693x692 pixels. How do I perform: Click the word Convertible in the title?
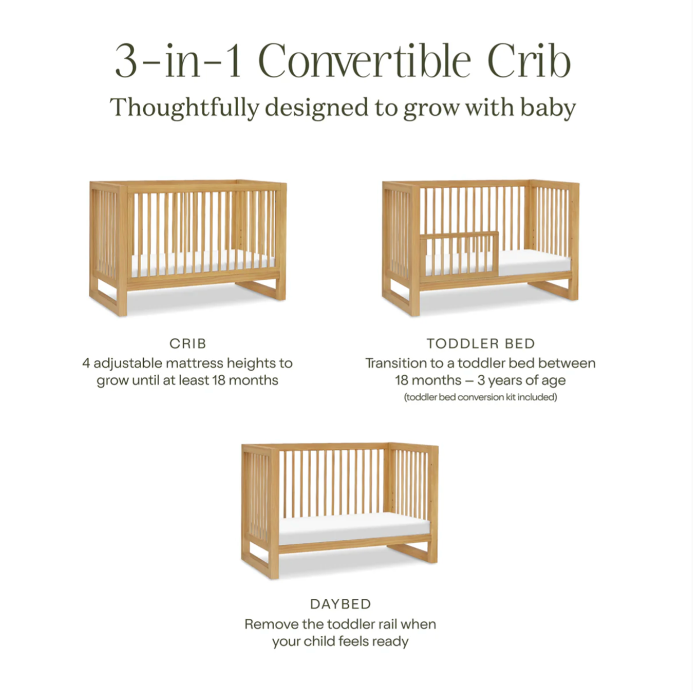pyautogui.click(x=364, y=61)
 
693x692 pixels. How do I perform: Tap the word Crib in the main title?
pyautogui.click(x=530, y=61)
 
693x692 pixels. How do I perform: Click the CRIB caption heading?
pyautogui.click(x=188, y=344)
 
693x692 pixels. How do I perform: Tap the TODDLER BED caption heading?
pyautogui.click(x=481, y=344)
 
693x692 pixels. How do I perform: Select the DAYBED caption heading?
pyautogui.click(x=340, y=604)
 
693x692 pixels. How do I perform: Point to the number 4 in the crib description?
pyautogui.click(x=86, y=363)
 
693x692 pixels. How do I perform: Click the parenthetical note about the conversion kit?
pyautogui.click(x=481, y=397)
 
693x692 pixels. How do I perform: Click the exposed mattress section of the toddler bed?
pyautogui.click(x=535, y=261)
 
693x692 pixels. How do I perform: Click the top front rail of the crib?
pyautogui.click(x=203, y=189)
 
